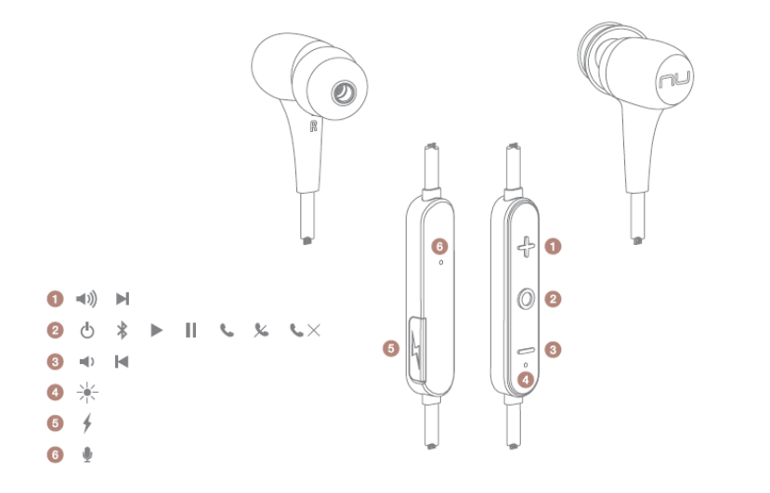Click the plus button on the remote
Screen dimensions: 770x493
[x=526, y=247]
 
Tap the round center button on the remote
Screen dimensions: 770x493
[x=526, y=299]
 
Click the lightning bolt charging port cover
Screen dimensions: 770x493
[x=416, y=349]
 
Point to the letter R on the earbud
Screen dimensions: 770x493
[x=313, y=125]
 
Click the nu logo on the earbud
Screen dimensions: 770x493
[x=674, y=79]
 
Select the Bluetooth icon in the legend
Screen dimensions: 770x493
[x=122, y=330]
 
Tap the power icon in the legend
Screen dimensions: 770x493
[x=87, y=331]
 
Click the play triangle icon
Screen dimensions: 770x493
[x=156, y=330]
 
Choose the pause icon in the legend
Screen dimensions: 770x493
[x=191, y=330]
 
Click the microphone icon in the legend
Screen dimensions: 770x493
[x=87, y=455]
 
